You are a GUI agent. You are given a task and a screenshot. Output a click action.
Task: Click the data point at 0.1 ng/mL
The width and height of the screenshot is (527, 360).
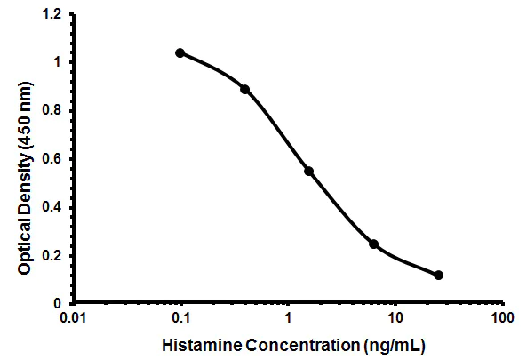click(180, 53)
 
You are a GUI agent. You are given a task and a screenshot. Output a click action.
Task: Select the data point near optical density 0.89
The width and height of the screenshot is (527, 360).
click(245, 89)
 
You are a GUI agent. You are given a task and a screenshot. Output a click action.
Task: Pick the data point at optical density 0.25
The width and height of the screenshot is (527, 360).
click(373, 244)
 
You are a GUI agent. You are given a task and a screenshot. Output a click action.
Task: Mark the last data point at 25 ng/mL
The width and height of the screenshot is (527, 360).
click(438, 275)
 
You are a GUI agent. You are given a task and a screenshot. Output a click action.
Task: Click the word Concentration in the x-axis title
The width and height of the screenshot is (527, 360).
click(289, 344)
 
